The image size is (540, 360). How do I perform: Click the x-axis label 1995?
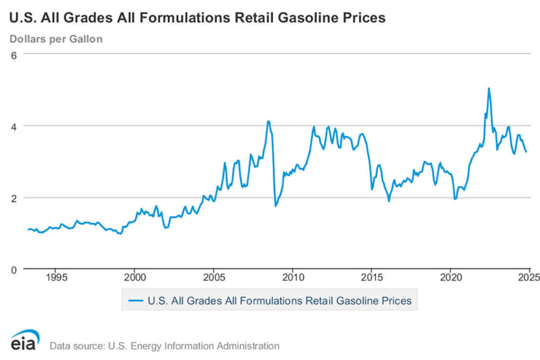pos(56,279)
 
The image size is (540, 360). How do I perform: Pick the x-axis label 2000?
pos(135,279)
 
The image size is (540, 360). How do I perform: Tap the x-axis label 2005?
pos(214,279)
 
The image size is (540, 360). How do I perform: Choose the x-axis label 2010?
pos(293,279)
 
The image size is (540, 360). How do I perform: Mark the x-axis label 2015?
pos(372,279)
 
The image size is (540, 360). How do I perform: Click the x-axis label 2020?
pos(450,279)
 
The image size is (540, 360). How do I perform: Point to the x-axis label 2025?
pos(528,279)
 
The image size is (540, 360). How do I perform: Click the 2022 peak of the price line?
pos(489,88)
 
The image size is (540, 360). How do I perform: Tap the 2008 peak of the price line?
pos(268,121)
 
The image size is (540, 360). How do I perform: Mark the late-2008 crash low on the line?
pos(275,206)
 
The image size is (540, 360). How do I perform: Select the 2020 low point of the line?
pos(455,199)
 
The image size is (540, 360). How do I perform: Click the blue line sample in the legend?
pos(135,301)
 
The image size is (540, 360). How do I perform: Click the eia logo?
pos(25,341)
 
